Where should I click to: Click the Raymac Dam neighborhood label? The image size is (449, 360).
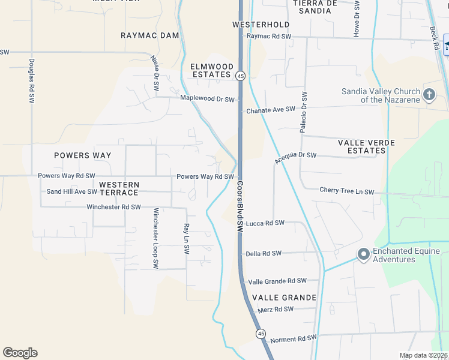tap(150, 35)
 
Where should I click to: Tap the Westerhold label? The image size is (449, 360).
tap(261, 25)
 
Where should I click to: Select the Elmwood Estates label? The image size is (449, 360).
tap(211, 70)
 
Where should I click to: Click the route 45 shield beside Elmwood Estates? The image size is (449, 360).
tap(240, 76)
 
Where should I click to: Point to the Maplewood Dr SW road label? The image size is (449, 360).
tap(208, 98)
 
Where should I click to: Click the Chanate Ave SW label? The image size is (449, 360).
tap(271, 110)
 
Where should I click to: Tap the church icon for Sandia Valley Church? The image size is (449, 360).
tap(429, 94)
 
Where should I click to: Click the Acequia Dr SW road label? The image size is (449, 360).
tap(295, 157)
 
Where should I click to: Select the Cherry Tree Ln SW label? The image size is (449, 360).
tap(347, 191)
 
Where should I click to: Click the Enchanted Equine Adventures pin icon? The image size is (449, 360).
tap(363, 254)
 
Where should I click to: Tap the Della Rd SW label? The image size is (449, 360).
tap(264, 253)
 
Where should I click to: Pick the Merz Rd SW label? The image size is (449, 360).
tap(276, 309)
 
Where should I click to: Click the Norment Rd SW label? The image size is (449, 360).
tap(293, 339)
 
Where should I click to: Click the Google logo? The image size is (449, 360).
tap(20, 352)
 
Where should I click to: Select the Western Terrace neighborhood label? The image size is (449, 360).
tap(119, 188)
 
